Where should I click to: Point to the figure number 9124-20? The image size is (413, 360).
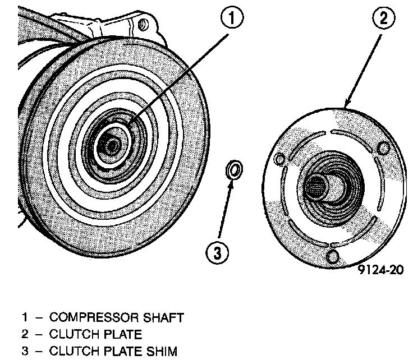click(379, 270)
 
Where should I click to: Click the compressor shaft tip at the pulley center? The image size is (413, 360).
click(111, 145)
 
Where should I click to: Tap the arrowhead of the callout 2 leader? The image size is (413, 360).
click(346, 106)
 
